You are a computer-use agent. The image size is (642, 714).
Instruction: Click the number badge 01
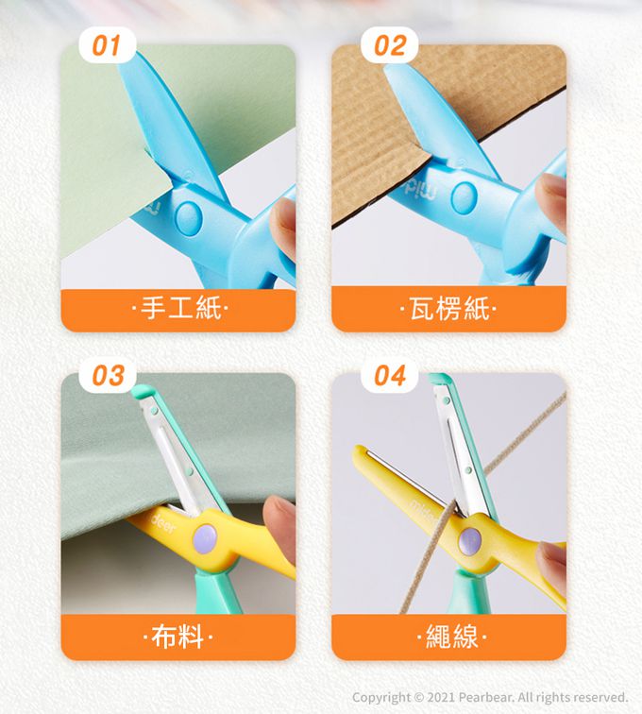coord(107,45)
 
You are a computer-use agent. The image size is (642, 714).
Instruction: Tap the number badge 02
coord(389,45)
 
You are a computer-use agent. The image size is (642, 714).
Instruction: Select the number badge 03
coord(108,375)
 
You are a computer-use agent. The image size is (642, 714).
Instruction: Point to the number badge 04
coord(389,375)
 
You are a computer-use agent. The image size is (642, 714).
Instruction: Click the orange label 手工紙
coord(178,310)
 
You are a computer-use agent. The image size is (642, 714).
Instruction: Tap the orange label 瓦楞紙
coord(449,309)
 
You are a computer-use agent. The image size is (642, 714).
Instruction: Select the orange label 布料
coord(178,637)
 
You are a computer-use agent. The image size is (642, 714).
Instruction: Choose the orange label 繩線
coord(449,637)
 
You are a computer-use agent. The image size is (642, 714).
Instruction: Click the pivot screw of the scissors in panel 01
coord(189,218)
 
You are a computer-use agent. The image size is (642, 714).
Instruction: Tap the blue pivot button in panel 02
coord(465,197)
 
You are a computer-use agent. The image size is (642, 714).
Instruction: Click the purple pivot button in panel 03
coord(205,538)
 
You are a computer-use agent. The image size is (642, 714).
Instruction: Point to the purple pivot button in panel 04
coord(470,542)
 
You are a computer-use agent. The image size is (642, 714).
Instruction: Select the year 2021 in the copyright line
coord(441,697)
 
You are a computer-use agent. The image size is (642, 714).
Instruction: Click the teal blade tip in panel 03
coord(142,390)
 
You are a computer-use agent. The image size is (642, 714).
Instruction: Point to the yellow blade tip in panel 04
coord(359,452)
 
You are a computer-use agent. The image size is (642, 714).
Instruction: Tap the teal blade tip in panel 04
coord(439,379)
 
